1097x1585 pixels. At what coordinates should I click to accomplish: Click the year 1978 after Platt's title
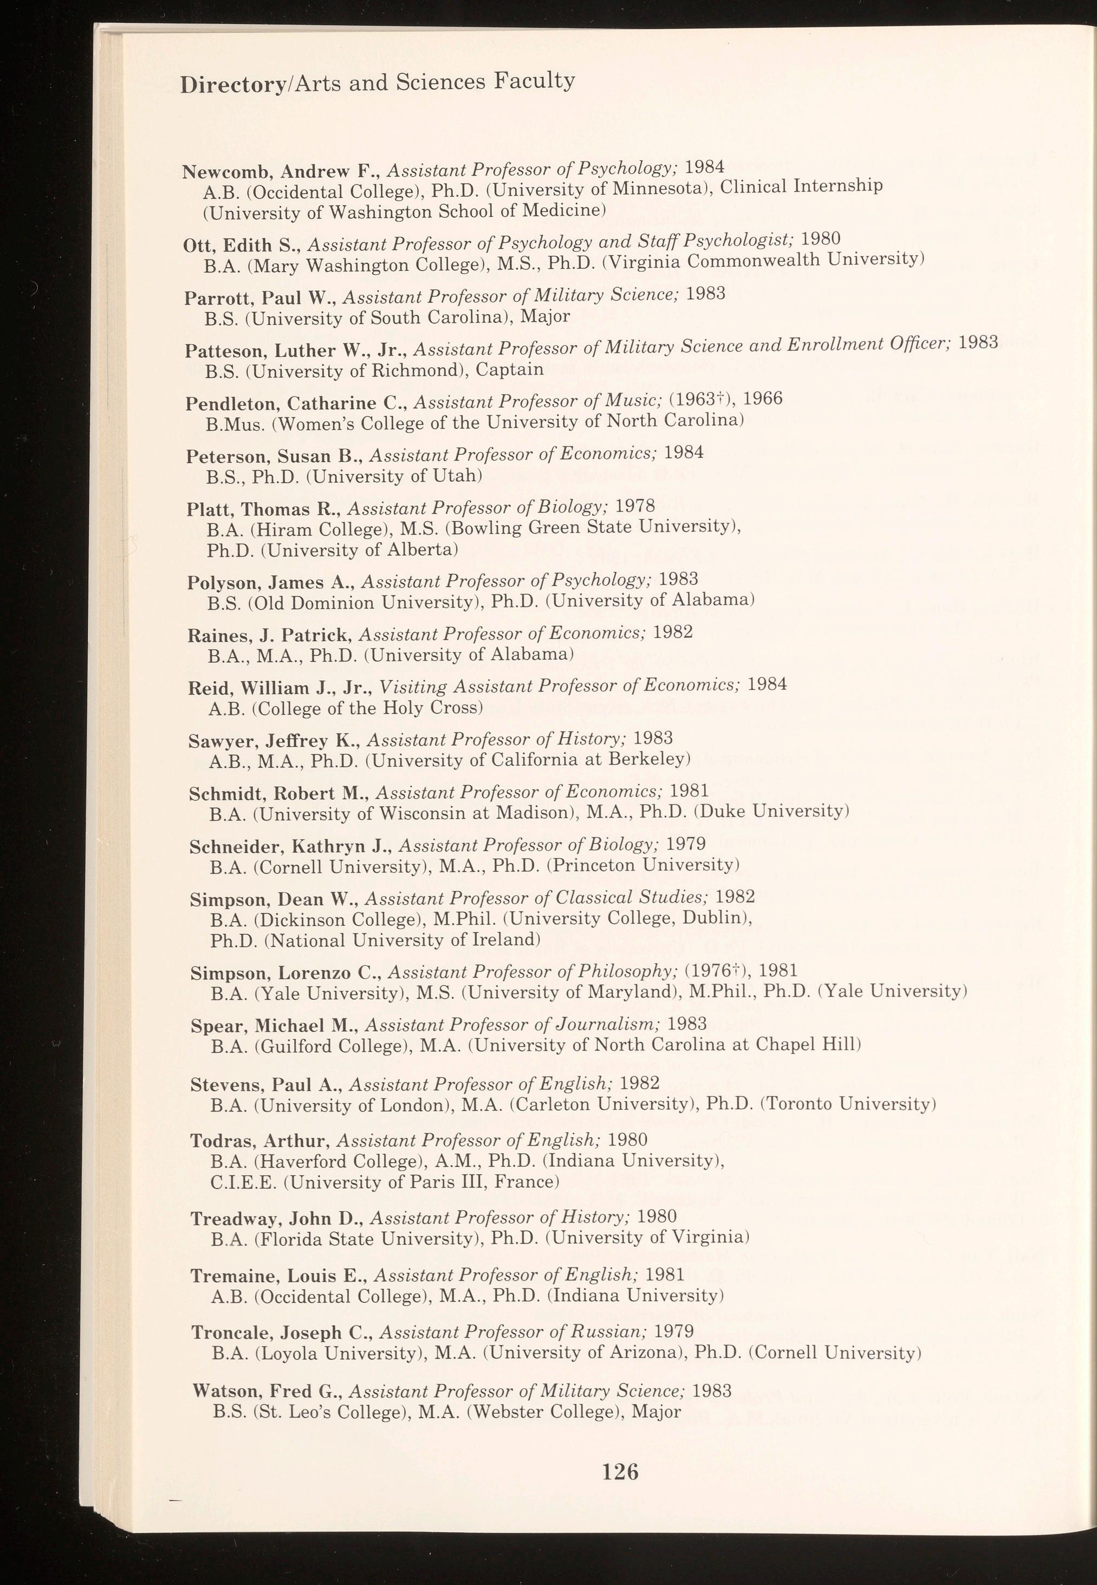pos(634,507)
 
